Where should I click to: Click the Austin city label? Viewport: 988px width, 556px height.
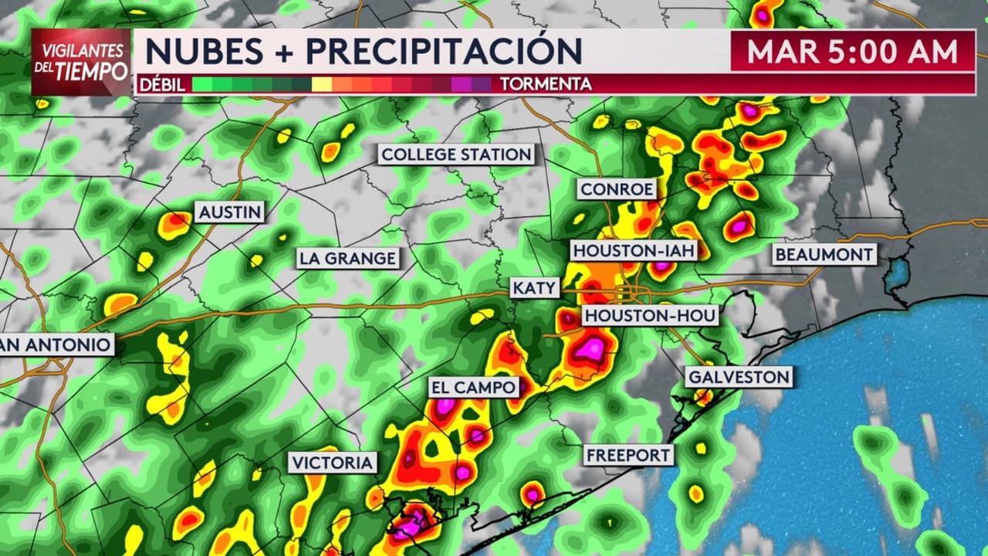tap(230, 212)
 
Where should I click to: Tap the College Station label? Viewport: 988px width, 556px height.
tap(456, 154)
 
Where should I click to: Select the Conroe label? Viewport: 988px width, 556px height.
tap(617, 189)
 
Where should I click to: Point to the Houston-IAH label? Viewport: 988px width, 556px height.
tap(634, 250)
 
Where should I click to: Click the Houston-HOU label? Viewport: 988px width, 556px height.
tap(650, 315)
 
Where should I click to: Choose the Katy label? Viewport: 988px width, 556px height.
tap(535, 288)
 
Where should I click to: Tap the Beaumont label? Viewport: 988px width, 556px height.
tap(824, 254)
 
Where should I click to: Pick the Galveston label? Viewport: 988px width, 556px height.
tap(739, 377)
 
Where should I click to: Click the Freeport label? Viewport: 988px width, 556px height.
tap(628, 455)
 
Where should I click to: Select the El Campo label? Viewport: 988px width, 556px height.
tap(473, 388)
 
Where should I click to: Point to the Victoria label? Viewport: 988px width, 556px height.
tap(333, 463)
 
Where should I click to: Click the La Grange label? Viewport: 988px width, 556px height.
tap(348, 258)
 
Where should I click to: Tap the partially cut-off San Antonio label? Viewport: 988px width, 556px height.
tap(56, 344)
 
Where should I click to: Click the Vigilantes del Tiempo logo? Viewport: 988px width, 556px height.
tap(81, 62)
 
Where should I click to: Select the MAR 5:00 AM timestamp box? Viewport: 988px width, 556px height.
tap(852, 51)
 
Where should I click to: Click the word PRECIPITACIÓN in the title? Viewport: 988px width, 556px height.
tap(444, 51)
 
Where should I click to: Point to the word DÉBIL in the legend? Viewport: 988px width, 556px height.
tap(162, 84)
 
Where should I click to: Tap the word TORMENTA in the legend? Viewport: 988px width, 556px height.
tap(546, 84)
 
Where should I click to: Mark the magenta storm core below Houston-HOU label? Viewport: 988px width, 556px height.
tap(591, 349)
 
